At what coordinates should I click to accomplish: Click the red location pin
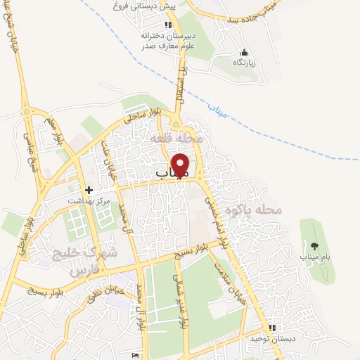click(181, 165)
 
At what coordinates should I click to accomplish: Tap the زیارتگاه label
click(245, 63)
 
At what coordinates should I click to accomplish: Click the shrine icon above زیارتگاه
click(244, 52)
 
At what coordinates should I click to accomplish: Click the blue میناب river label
click(219, 109)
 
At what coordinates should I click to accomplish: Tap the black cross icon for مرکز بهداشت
click(89, 190)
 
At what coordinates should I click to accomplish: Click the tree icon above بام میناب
click(314, 246)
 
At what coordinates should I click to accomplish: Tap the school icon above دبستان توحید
click(272, 328)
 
